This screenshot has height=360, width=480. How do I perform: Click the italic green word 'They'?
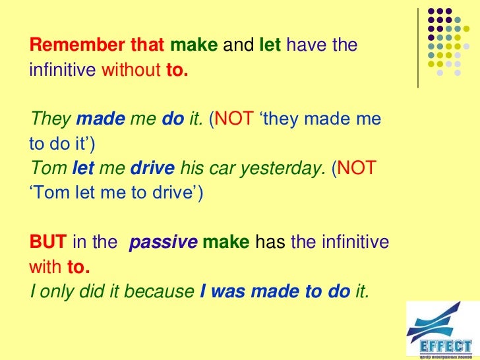(50, 119)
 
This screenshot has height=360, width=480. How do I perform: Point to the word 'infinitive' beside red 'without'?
(63, 71)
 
